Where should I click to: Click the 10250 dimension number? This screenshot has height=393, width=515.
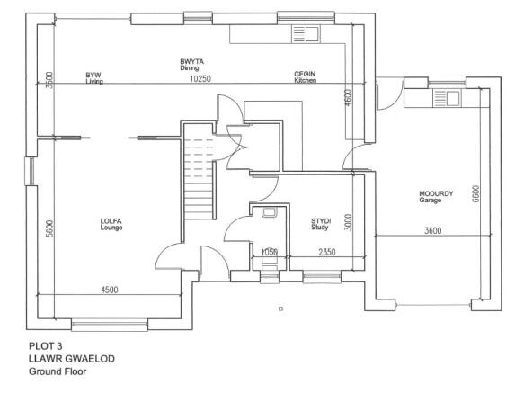(200, 79)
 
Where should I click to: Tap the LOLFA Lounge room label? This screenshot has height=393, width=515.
(111, 224)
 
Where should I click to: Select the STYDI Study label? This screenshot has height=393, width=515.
(321, 224)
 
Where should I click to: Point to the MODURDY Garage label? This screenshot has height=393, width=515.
(436, 197)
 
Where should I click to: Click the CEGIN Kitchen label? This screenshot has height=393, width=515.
(305, 77)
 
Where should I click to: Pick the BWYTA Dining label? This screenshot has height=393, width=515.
(191, 65)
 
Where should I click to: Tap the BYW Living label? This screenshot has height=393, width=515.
(94, 78)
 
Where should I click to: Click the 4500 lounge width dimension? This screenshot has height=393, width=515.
(110, 290)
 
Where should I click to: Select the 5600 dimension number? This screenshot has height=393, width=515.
(49, 228)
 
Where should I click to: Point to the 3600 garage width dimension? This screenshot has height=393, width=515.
(433, 230)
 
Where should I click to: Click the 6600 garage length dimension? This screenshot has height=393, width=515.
(475, 194)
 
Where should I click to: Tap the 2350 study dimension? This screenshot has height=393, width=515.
(327, 252)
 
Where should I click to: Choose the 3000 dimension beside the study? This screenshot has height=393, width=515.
(349, 222)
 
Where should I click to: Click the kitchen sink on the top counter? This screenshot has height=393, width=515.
(306, 34)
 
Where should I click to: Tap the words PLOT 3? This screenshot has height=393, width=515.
(45, 346)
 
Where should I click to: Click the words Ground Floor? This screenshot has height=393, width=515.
(58, 371)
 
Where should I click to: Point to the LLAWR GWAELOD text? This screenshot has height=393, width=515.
(72, 359)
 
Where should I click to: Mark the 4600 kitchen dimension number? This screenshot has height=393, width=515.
(349, 98)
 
